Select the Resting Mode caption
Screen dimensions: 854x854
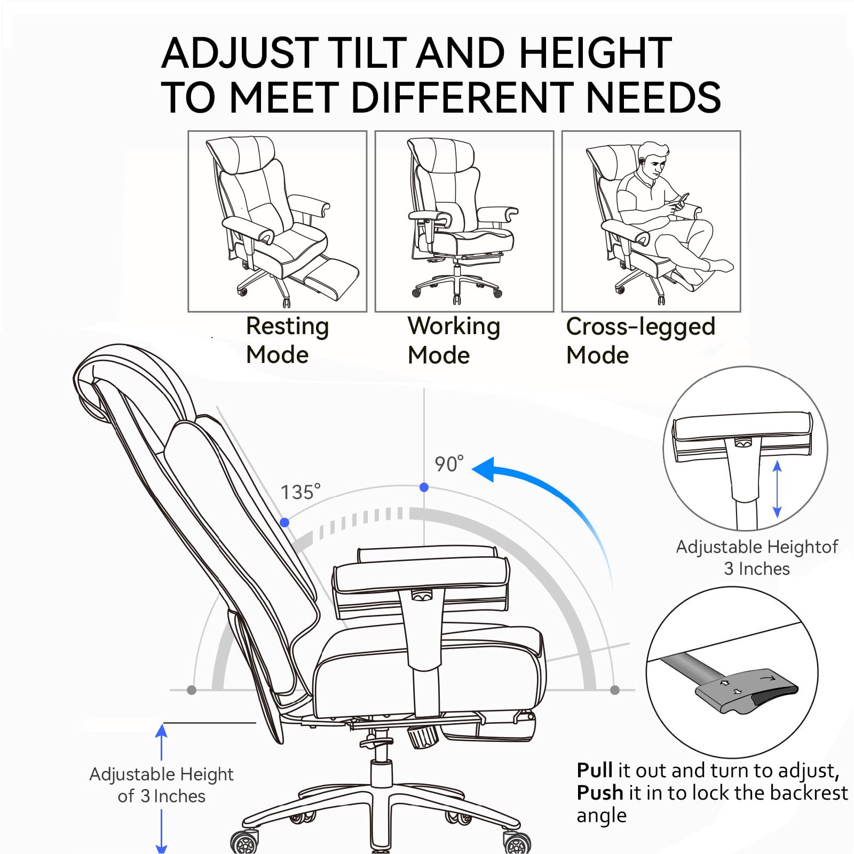click(287, 341)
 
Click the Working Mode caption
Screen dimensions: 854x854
click(454, 341)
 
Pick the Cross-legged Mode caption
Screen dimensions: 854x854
click(640, 341)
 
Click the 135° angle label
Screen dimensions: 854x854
click(301, 492)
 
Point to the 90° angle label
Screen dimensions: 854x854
click(449, 464)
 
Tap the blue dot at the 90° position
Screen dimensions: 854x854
click(424, 487)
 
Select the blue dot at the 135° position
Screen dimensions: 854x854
click(285, 523)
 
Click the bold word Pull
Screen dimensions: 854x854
click(595, 771)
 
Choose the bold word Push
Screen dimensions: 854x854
click(600, 793)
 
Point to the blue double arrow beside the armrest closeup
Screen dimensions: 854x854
click(777, 489)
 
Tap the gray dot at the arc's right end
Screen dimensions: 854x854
click(615, 690)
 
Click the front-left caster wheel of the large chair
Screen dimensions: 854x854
click(244, 842)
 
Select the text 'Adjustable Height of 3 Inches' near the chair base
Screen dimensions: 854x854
click(161, 785)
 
